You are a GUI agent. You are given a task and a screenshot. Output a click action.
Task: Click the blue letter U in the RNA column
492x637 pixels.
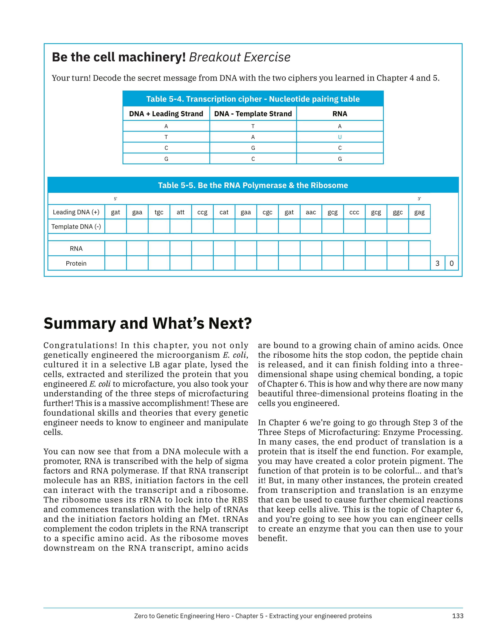coord(340,137)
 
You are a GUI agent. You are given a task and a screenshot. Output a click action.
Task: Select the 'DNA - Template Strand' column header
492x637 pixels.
coord(253,114)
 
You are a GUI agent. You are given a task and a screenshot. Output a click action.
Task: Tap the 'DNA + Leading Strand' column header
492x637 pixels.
coord(166,114)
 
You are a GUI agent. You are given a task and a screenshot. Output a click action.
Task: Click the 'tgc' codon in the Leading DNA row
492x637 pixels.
coord(159,212)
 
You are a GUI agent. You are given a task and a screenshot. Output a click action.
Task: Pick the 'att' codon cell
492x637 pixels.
coord(180,212)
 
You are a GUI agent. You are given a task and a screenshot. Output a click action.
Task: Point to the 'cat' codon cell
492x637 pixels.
coord(224,212)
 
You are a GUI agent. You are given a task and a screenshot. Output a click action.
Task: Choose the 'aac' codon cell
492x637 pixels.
coord(311,212)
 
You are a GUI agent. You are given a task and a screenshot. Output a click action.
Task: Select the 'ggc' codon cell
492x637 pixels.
coord(398,212)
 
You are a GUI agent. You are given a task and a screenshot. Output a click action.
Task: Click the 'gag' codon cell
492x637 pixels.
coord(419,212)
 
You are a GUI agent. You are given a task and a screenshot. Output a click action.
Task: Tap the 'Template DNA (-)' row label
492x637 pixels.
coord(76,227)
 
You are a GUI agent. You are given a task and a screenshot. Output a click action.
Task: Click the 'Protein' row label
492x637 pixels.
coord(76,263)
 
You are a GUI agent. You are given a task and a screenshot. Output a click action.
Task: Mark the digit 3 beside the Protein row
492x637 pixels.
coord(437,263)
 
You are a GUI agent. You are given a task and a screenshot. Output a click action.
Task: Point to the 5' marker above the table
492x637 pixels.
coord(115,199)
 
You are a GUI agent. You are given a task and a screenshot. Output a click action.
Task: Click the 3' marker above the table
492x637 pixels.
coord(419,199)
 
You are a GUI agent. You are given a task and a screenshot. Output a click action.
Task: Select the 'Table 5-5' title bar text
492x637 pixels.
coord(253,185)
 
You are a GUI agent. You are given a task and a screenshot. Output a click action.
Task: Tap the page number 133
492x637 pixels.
coord(457,616)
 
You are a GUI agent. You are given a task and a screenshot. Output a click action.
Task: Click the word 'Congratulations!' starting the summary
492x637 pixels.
coord(80,345)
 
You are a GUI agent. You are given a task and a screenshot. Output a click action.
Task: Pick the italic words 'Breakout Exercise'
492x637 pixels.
coord(240,57)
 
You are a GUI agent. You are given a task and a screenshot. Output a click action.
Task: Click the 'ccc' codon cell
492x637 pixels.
coord(354,212)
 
